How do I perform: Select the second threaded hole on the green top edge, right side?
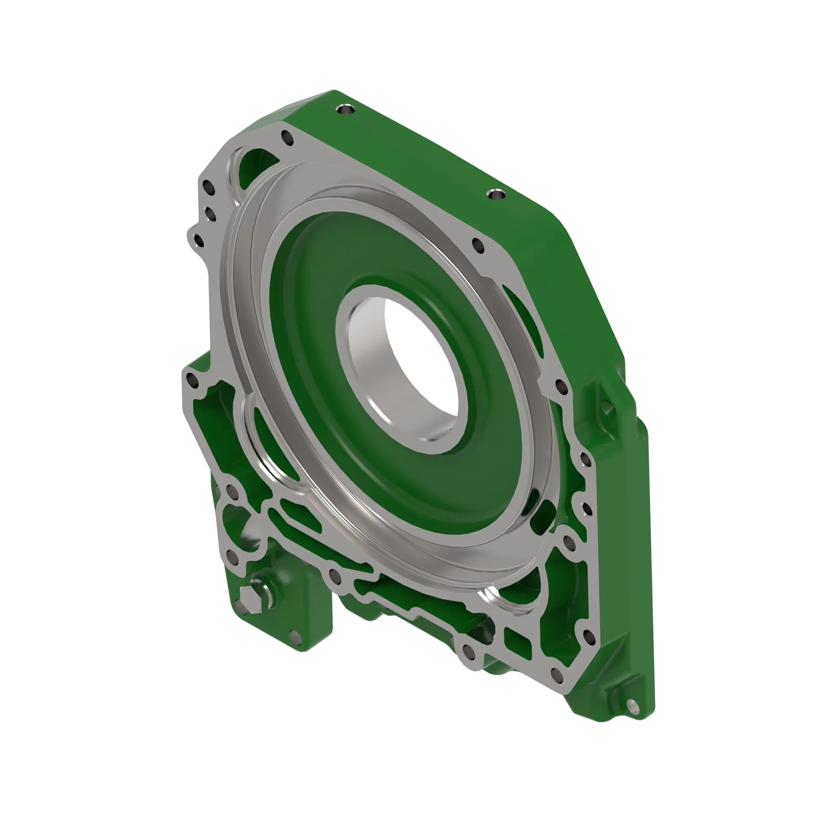click(x=496, y=194)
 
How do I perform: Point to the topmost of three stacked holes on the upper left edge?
click(x=208, y=187)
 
